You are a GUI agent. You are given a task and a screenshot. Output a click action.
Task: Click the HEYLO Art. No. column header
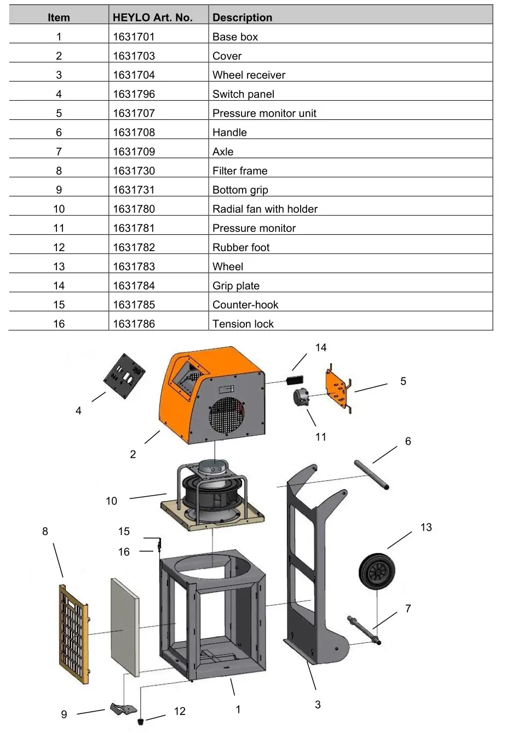tap(152, 18)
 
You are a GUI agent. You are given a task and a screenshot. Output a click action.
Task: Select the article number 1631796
tap(134, 94)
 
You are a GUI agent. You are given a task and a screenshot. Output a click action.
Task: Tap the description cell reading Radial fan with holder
tap(265, 209)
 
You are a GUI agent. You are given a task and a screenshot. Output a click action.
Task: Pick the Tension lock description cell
tap(243, 324)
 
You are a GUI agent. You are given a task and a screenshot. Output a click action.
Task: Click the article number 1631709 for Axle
tap(134, 152)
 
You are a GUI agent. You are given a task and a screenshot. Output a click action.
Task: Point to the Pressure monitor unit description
tap(264, 113)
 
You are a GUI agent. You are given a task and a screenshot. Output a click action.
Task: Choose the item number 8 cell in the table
tap(59, 171)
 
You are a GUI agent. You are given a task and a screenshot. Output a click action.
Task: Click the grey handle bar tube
tap(371, 475)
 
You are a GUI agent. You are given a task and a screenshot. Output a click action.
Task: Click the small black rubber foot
tap(141, 721)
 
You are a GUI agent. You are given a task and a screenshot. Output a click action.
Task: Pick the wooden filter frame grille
tap(73, 632)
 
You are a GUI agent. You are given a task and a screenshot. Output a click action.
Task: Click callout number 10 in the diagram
tap(111, 501)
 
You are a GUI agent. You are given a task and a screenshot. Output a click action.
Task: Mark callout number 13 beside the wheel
tap(426, 527)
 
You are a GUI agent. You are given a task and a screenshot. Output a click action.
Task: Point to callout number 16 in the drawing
tap(124, 551)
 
